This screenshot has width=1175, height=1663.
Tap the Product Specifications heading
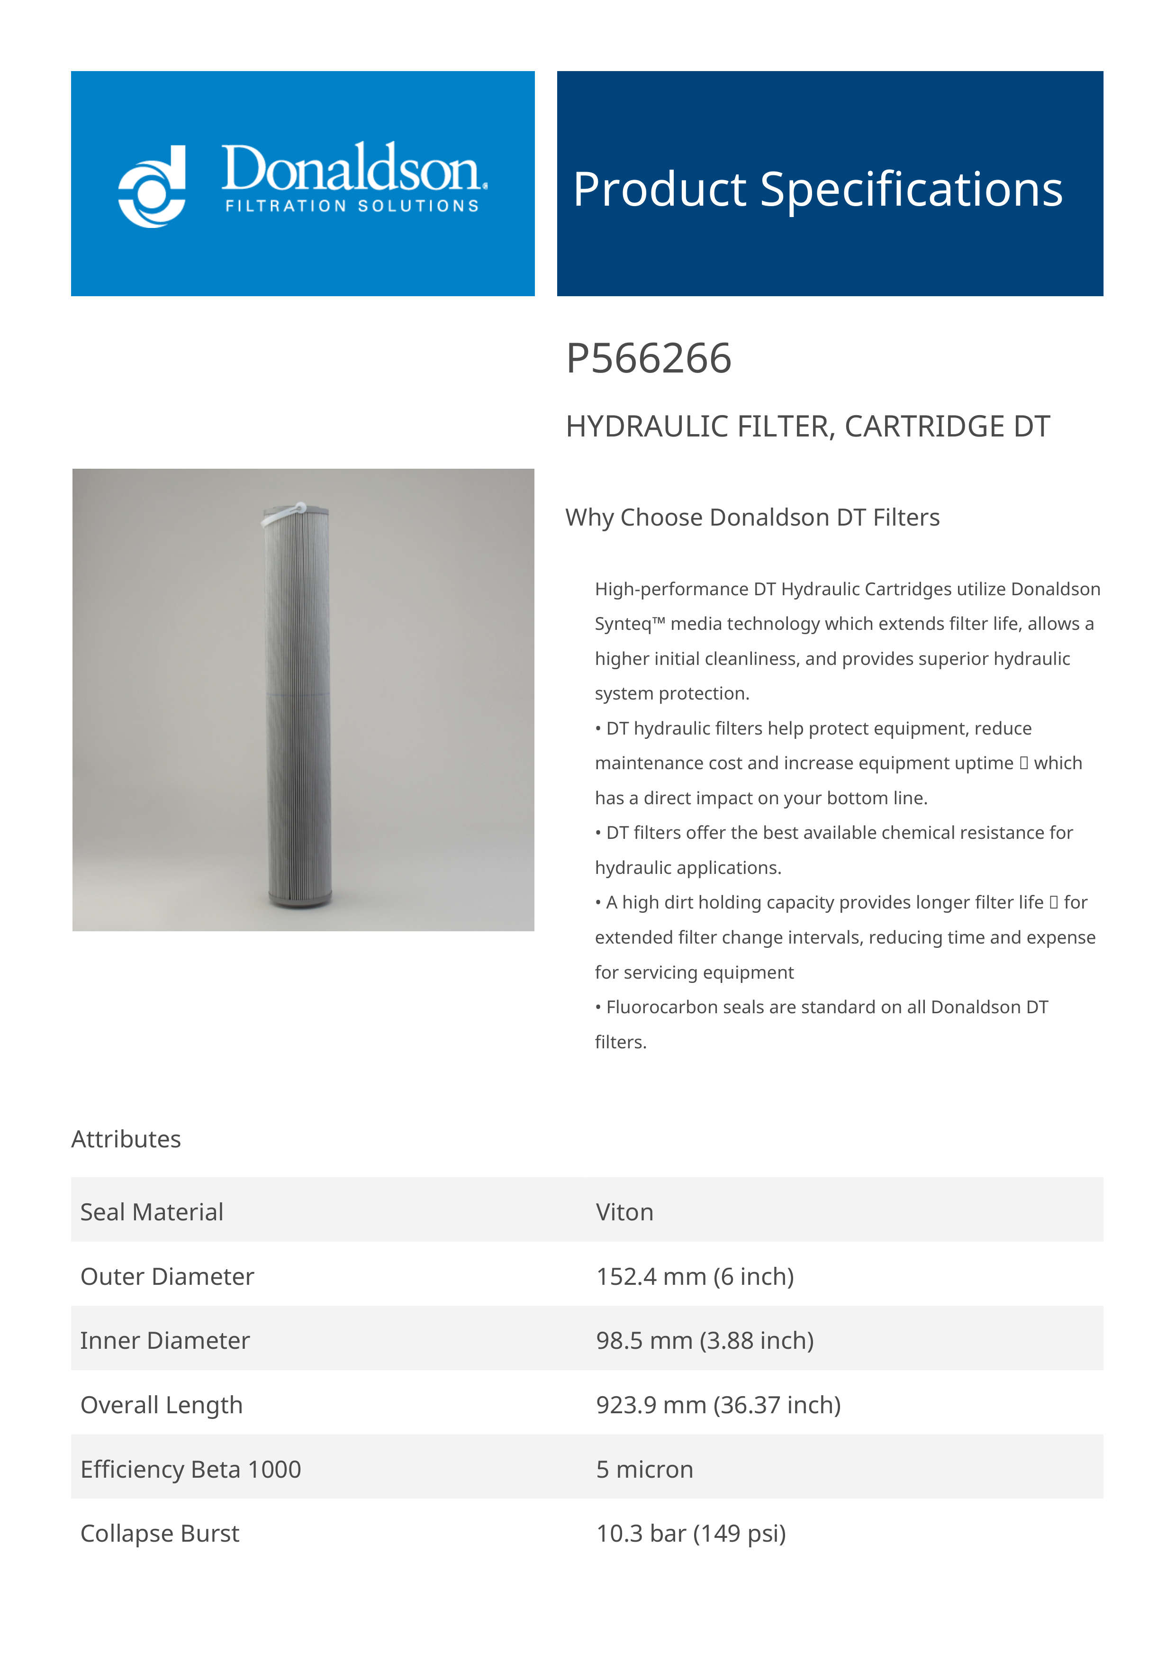coord(817,189)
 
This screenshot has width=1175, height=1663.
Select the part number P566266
coord(648,359)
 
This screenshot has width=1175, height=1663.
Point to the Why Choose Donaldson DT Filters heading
coord(752,517)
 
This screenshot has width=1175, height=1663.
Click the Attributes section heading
coord(126,1139)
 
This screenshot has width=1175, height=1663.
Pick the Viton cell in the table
coord(624,1212)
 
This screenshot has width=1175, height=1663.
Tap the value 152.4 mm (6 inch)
coord(694,1276)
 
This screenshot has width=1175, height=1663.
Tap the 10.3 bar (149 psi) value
coord(691,1533)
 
